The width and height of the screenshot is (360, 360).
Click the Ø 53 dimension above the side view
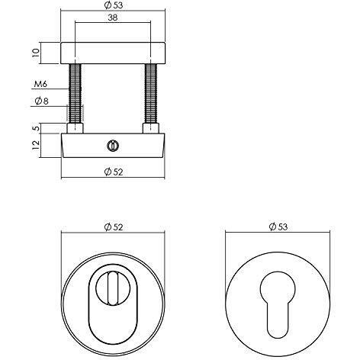click(x=114, y=5)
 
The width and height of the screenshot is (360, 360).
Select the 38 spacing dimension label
click(x=113, y=18)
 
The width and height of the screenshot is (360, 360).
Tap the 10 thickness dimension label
click(x=36, y=53)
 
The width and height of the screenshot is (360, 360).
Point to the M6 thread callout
click(x=40, y=84)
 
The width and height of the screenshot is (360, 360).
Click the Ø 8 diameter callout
click(x=41, y=101)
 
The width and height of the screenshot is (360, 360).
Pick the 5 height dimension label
click(x=37, y=128)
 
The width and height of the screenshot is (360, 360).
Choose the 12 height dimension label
click(x=37, y=145)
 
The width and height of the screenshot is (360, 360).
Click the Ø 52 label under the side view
click(x=114, y=172)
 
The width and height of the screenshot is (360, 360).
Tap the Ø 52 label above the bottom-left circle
click(x=114, y=227)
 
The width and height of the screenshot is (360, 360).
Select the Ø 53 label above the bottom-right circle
click(x=278, y=227)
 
